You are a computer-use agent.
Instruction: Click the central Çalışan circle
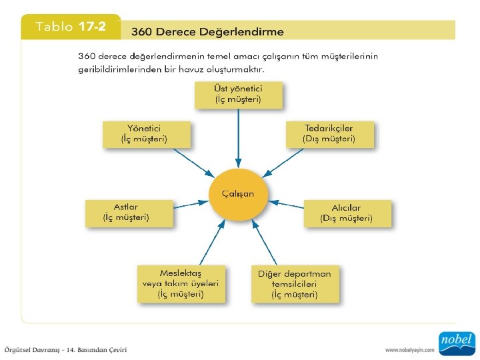pos(238,194)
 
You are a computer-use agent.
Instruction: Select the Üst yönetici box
pos(238,95)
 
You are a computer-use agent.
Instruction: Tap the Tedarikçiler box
pos(329,133)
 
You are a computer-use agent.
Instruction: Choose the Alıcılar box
pos(347,213)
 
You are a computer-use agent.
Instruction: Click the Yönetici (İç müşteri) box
pos(145,133)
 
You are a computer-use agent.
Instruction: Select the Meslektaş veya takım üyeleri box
pos(181,283)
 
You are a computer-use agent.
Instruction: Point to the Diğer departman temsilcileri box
pos(295,283)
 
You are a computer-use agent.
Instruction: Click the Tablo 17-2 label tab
pos(71,27)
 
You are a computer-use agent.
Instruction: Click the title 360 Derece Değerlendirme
pos(207,31)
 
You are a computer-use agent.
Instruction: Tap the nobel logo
pos(456,343)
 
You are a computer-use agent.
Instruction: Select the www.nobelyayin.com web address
pos(410,350)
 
